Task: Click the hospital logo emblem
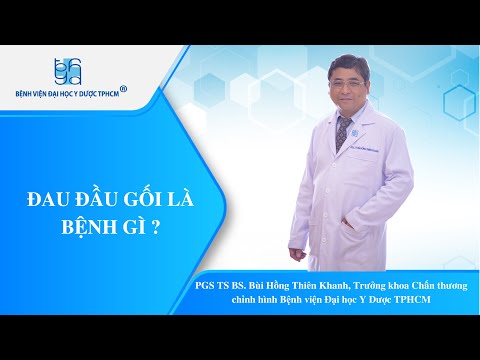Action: tap(68, 71)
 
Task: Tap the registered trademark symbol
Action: tap(123, 89)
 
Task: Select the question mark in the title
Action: tap(155, 228)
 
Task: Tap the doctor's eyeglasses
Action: tap(347, 84)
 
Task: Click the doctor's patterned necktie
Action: tap(343, 133)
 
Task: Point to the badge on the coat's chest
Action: tap(354, 133)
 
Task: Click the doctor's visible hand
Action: tap(297, 255)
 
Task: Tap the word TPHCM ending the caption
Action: tap(412, 300)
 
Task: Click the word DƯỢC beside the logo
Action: tap(93, 94)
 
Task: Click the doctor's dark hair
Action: tap(348, 66)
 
